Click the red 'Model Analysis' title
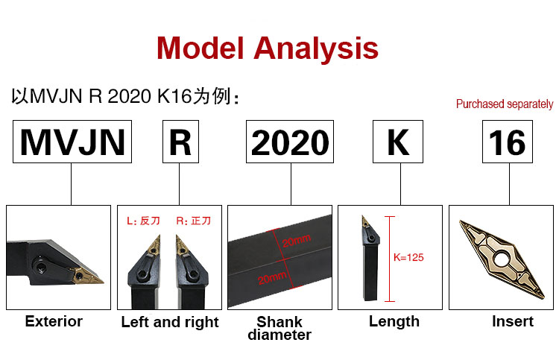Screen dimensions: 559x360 pos(268,48)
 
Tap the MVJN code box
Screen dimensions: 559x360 pos(72,142)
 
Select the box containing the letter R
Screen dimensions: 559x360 pos(180,142)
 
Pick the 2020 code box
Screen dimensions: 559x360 pos(290,142)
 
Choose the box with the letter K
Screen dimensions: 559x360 pos(398,142)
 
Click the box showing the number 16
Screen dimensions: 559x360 pos(508,142)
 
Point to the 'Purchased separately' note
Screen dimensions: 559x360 pos(505,104)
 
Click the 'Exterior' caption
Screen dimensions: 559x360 pos(54,321)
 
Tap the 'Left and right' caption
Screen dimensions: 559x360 pos(170,322)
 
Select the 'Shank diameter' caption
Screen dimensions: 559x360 pos(279,328)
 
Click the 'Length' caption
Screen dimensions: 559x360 pos(394,321)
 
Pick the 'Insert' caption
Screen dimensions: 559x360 pos(513,321)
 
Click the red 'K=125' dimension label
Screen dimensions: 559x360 pos(408,257)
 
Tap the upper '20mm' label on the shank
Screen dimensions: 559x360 pos(296,241)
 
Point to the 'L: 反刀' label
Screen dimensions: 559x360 pos(143,221)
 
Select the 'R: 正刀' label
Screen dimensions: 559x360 pos(194,221)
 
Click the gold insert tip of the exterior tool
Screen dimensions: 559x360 pos(86,277)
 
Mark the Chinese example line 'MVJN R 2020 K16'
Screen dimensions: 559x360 pos(125,96)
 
